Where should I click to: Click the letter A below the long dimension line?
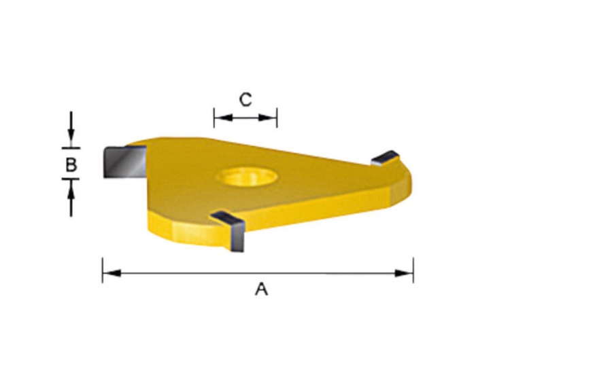(x=261, y=289)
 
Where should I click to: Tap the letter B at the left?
(x=71, y=164)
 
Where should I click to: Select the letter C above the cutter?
(x=245, y=100)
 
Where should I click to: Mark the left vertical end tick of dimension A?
(x=103, y=270)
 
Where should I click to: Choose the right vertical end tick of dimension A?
(x=413, y=270)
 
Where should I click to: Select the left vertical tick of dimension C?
(x=214, y=118)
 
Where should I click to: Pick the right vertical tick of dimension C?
(x=277, y=118)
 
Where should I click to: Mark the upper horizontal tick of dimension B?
(x=71, y=147)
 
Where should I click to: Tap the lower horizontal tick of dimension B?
(x=71, y=179)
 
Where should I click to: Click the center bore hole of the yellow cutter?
(x=246, y=177)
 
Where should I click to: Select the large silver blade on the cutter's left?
(x=123, y=162)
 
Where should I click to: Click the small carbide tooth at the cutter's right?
(x=385, y=158)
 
